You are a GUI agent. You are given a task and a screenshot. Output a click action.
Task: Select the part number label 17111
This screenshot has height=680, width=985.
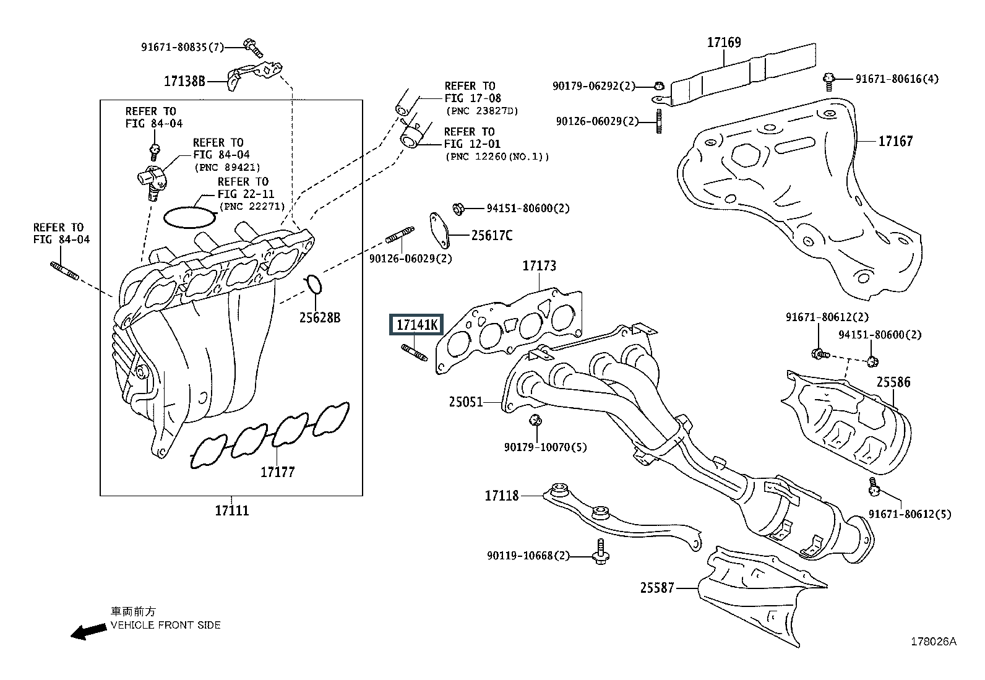[x=232, y=511]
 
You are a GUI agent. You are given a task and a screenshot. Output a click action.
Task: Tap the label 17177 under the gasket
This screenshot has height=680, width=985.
[x=277, y=472]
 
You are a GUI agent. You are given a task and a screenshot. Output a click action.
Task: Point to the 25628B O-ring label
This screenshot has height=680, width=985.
[x=320, y=318]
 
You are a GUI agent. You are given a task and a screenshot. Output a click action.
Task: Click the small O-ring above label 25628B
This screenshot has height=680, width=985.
[x=314, y=284]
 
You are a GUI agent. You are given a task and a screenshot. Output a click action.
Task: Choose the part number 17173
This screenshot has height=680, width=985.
[x=539, y=266]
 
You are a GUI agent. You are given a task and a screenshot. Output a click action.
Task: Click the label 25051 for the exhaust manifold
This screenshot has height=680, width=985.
[x=466, y=402]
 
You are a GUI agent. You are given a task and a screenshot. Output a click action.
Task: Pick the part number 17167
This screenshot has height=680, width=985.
[x=895, y=142]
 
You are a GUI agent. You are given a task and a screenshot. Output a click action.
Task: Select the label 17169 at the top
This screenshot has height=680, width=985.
[x=724, y=43]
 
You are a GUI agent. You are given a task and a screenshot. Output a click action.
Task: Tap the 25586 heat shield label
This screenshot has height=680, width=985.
[x=893, y=382]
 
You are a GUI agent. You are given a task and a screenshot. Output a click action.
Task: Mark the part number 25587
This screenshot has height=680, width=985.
[x=657, y=588]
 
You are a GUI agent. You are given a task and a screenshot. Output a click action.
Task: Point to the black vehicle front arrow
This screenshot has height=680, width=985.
[x=88, y=631]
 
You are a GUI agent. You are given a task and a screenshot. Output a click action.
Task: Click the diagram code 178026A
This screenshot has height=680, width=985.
[x=932, y=642]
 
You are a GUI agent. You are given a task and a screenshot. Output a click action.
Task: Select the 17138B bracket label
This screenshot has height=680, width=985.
[x=184, y=80]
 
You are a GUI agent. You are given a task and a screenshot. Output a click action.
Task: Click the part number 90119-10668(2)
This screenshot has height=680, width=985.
[x=528, y=556]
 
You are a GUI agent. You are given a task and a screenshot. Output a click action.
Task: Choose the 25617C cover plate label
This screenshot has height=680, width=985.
[x=492, y=236]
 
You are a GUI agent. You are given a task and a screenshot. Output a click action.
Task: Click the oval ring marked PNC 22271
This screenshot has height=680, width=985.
[x=190, y=217]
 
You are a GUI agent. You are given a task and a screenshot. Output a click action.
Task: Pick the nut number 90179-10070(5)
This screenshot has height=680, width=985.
[x=545, y=447]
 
